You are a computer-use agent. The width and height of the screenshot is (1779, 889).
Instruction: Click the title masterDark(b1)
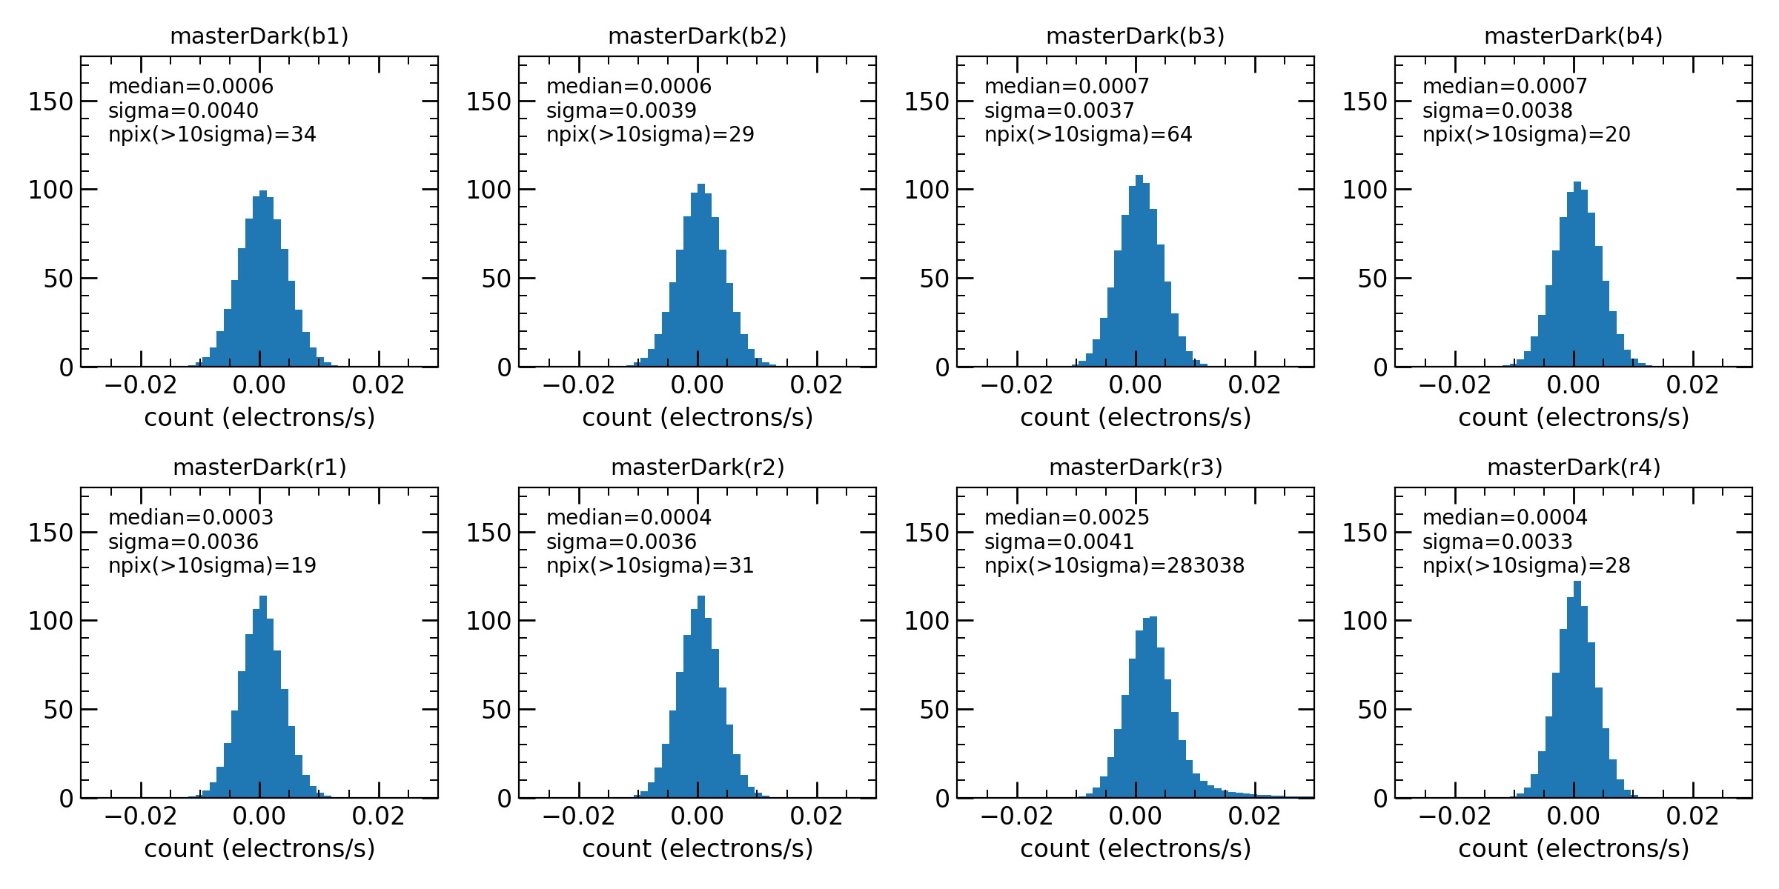tap(259, 36)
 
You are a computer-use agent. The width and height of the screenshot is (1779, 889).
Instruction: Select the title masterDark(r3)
tap(1136, 467)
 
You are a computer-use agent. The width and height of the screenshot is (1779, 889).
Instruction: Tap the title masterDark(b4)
tap(1574, 36)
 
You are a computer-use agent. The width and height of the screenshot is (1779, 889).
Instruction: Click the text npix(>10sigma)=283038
tap(1114, 566)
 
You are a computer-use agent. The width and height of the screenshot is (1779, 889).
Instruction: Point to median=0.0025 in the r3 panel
tap(1067, 518)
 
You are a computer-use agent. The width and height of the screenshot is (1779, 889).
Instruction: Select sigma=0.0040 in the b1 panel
tap(183, 111)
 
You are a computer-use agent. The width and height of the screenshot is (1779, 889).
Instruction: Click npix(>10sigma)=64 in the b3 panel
tap(1088, 135)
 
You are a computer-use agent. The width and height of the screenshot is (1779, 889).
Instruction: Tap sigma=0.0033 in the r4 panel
tap(1497, 542)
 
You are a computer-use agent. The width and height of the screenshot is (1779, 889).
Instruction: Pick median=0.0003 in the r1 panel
tap(191, 518)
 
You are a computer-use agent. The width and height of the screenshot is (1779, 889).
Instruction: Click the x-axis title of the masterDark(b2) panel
tap(698, 418)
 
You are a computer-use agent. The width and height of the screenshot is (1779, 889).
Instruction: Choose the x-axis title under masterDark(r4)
tap(1574, 849)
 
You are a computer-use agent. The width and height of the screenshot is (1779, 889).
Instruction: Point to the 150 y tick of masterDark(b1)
tap(50, 101)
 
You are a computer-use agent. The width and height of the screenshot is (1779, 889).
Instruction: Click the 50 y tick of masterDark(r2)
tap(497, 710)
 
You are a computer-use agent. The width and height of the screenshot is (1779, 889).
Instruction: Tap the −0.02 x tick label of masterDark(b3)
tap(1016, 385)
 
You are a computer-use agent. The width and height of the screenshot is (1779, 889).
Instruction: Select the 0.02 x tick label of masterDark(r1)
tap(379, 816)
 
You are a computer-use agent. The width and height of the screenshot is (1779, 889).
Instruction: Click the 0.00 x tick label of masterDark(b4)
tap(1574, 385)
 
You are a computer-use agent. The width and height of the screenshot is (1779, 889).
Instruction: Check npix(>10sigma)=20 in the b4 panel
tap(1526, 135)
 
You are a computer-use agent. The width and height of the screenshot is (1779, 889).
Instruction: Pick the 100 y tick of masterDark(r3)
tap(927, 621)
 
